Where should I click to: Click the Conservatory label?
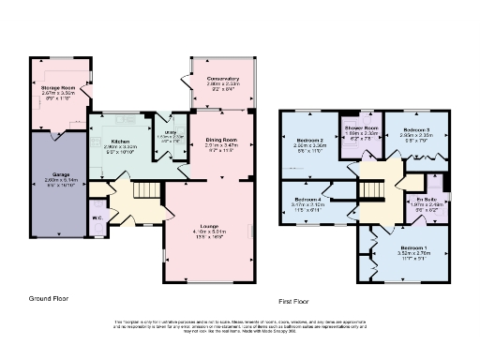point(224,79)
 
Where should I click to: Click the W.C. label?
point(97,221)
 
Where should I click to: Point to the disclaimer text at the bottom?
point(239,324)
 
